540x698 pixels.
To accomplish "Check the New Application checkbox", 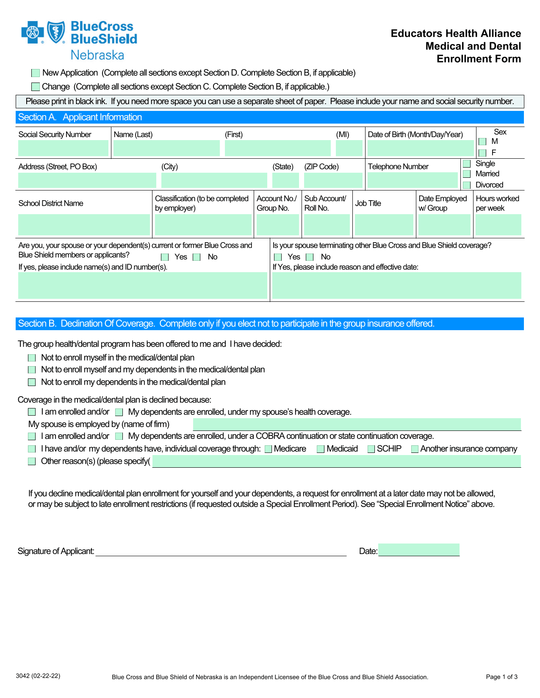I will pyautogui.click(x=36, y=73).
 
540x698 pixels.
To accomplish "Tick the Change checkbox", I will pyautogui.click(x=36, y=87).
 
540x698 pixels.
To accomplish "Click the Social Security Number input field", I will pyautogui.click(x=63, y=148).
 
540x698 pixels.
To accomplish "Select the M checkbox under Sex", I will pyautogui.click(x=482, y=142).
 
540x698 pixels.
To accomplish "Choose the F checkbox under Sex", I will pyautogui.click(x=482, y=153).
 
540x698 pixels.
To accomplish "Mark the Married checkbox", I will pyautogui.click(x=467, y=174).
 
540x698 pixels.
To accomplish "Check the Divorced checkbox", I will pyautogui.click(x=467, y=185).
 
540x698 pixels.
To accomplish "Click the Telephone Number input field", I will pyautogui.click(x=412, y=180).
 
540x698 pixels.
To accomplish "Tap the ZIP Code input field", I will pyautogui.click(x=333, y=180).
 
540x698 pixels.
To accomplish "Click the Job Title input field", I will pyautogui.click(x=384, y=225).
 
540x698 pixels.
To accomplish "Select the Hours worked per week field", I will pyautogui.click(x=498, y=225).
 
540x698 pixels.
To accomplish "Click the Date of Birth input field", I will pyautogui.click(x=420, y=148).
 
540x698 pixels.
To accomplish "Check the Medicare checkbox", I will pyautogui.click(x=268, y=449).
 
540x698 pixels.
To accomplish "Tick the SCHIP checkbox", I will pyautogui.click(x=371, y=449).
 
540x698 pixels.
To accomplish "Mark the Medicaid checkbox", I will pyautogui.click(x=321, y=449).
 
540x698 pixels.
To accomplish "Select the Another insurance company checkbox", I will pyautogui.click(x=415, y=449).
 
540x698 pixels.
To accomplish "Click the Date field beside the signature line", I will pyautogui.click(x=418, y=550).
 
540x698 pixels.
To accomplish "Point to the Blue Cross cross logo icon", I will pyautogui.click(x=33, y=33).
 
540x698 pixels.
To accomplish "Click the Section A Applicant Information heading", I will pyautogui.click(x=80, y=117).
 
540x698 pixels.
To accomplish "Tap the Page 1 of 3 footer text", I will pyautogui.click(x=501, y=677).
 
